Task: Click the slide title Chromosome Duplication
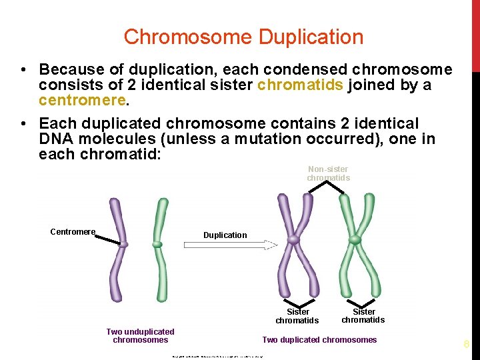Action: coord(243,37)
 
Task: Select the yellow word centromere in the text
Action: coord(82,101)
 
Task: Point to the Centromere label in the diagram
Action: coord(73,232)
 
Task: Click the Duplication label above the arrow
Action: coord(225,235)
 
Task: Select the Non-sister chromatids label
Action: coord(328,174)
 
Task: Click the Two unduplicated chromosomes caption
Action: coord(140,335)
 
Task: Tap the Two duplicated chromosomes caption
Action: coord(319,340)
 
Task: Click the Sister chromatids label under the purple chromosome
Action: coord(297,316)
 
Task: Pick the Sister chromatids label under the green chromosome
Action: coord(363,315)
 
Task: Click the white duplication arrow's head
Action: coord(271,245)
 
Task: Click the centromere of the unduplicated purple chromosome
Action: coord(123,245)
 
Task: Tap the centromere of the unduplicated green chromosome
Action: coord(157,245)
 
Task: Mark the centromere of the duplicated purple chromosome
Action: coord(293,239)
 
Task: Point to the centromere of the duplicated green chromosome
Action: coord(355,239)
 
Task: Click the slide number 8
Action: coord(467,345)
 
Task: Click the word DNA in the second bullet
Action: coord(53,139)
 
